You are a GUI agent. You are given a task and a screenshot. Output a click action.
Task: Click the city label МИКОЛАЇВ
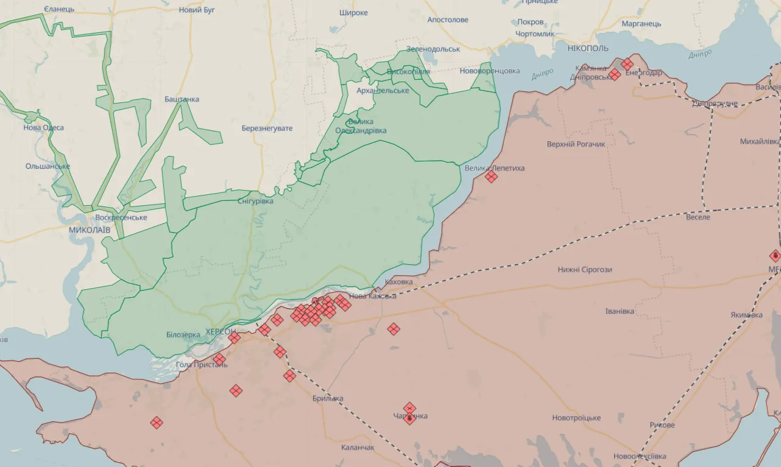click(90, 230)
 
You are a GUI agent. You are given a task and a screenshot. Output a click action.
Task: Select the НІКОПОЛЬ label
click(587, 48)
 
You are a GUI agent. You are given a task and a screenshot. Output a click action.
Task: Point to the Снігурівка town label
click(255, 201)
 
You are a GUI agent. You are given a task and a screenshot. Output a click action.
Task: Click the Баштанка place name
click(182, 99)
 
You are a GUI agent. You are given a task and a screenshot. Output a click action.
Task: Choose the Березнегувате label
click(267, 128)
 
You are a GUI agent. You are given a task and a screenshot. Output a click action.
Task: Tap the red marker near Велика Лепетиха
click(491, 177)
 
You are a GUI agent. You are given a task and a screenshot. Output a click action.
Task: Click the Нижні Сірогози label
click(585, 270)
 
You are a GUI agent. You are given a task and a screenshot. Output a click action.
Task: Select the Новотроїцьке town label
click(576, 418)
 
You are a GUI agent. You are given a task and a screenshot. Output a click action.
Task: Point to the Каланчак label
click(358, 448)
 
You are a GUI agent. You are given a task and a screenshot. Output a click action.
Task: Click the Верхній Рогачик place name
click(576, 144)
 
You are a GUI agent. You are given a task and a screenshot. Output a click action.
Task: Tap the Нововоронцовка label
click(490, 71)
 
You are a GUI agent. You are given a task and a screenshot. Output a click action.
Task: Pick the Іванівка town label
click(619, 311)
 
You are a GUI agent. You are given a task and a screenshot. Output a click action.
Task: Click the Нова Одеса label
click(43, 128)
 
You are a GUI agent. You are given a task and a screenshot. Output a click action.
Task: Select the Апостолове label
click(448, 20)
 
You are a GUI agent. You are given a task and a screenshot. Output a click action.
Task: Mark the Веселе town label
click(698, 217)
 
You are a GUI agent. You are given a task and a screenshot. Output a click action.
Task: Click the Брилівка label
click(327, 399)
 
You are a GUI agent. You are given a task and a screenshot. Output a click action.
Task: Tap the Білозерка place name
click(183, 335)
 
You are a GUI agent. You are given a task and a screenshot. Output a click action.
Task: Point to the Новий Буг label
click(197, 10)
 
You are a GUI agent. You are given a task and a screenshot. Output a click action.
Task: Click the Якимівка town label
click(746, 315)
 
